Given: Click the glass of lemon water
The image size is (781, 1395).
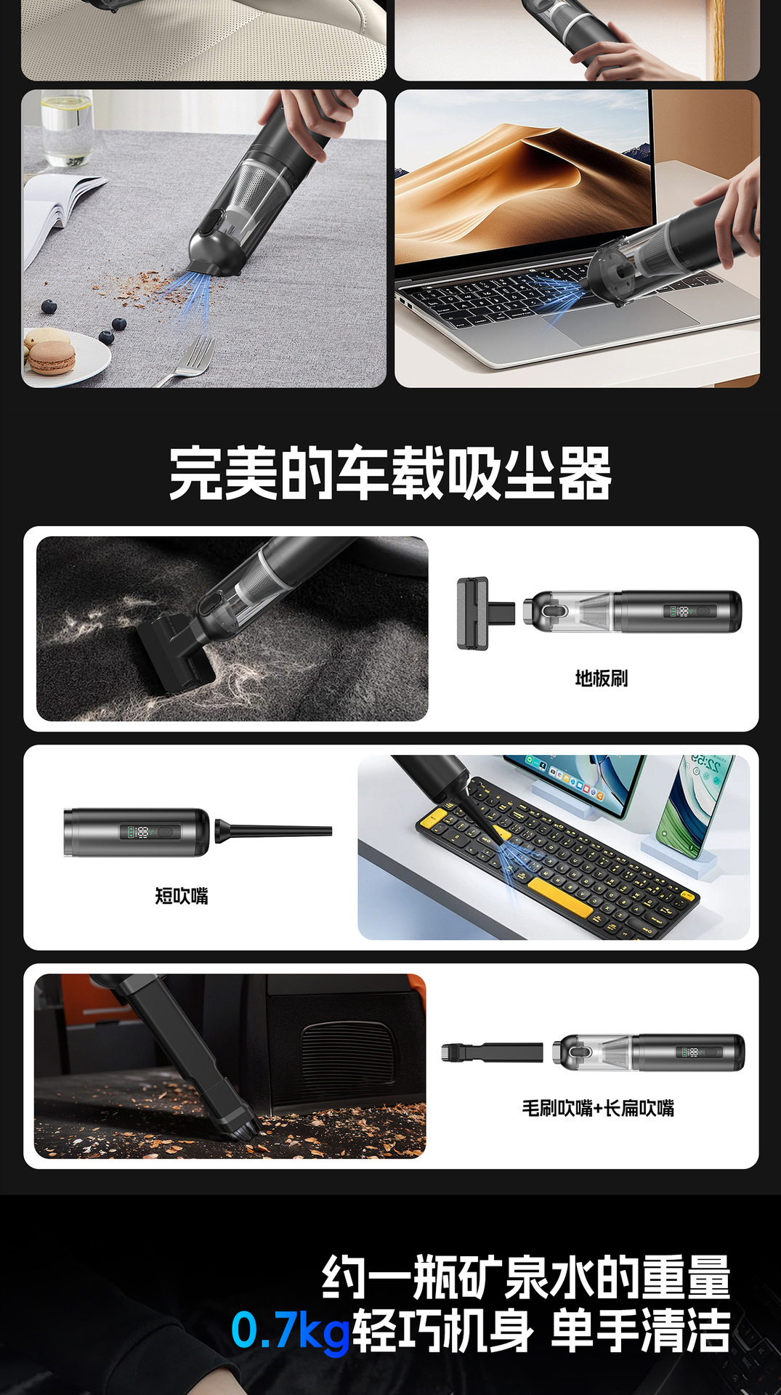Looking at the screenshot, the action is pyautogui.click(x=66, y=127).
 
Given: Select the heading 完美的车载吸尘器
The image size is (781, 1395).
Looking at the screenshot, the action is pyautogui.click(x=390, y=474).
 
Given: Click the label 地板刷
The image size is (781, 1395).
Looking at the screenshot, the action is pyautogui.click(x=602, y=679).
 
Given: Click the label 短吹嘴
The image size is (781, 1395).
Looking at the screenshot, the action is pyautogui.click(x=182, y=896).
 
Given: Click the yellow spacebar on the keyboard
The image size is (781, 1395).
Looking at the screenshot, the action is pyautogui.click(x=559, y=897).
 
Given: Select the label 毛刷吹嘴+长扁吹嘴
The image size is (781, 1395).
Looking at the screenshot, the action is pyautogui.click(x=598, y=1108).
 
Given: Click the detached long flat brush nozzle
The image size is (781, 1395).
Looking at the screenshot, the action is pyautogui.click(x=492, y=1052).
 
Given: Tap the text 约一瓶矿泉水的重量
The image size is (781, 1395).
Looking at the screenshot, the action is pyautogui.click(x=526, y=1277).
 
